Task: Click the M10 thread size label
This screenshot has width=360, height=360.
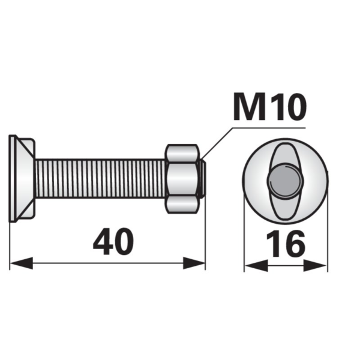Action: [270, 107]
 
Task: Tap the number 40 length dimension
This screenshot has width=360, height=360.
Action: [113, 242]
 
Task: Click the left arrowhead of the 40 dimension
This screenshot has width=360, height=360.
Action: [22, 263]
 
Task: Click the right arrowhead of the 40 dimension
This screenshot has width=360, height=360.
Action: [194, 263]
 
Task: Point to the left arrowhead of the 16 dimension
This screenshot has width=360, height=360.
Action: [256, 266]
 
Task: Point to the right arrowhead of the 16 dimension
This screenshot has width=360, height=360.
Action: [315, 266]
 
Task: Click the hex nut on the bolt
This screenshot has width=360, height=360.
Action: [182, 179]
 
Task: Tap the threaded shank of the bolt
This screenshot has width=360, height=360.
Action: [101, 178]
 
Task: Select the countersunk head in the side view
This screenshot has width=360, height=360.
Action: [22, 178]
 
